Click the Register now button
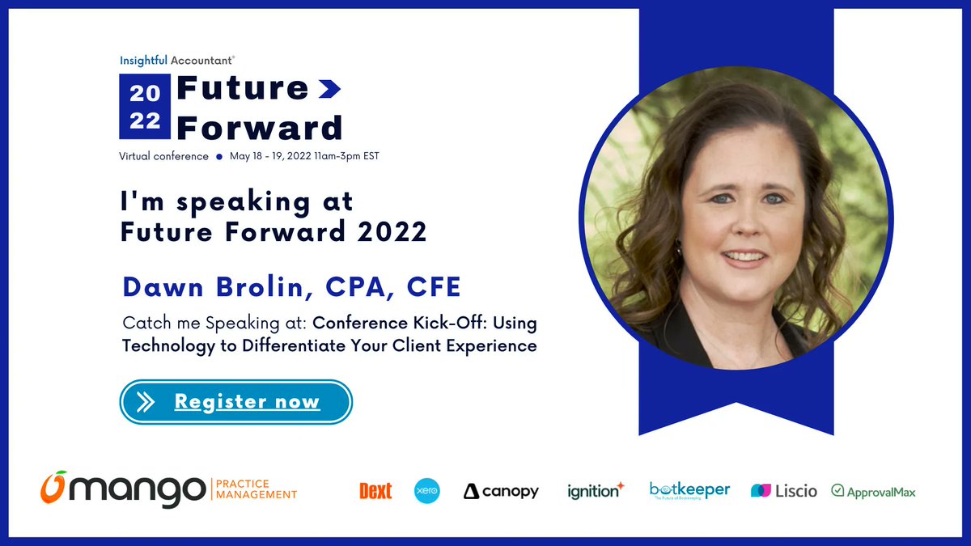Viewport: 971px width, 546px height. pyautogui.click(x=236, y=402)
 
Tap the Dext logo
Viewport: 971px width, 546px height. pyautogui.click(x=375, y=491)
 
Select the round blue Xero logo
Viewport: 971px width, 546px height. pyautogui.click(x=427, y=491)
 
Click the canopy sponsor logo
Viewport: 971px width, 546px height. pyautogui.click(x=501, y=491)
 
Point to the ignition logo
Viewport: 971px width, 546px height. pyautogui.click(x=596, y=490)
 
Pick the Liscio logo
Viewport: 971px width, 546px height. pyautogui.click(x=784, y=491)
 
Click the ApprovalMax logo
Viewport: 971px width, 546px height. pyautogui.click(x=873, y=491)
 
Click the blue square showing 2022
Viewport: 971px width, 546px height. pyautogui.click(x=145, y=107)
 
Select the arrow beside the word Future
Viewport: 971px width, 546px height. pyautogui.click(x=329, y=89)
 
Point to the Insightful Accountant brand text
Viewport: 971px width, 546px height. pyautogui.click(x=177, y=60)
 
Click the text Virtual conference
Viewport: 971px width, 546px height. pyautogui.click(x=164, y=156)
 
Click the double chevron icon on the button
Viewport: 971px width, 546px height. pyautogui.click(x=146, y=402)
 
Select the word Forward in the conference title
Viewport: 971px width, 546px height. pyautogui.click(x=259, y=127)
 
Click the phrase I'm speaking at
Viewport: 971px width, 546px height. pyautogui.click(x=237, y=201)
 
